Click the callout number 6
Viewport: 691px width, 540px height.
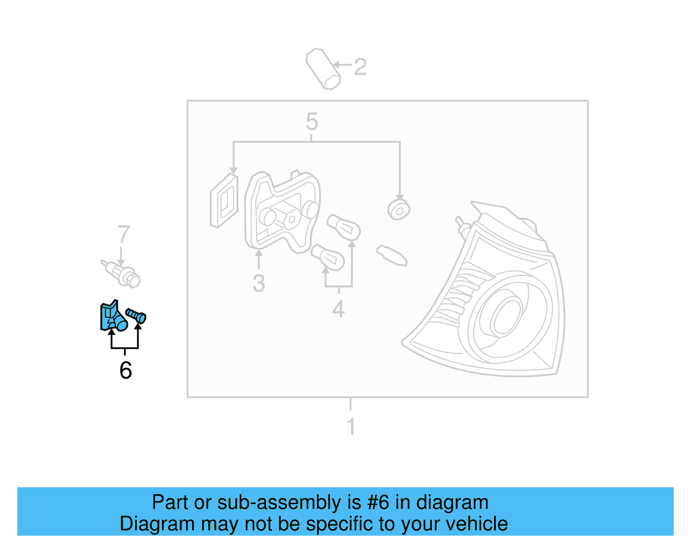pyautogui.click(x=126, y=371)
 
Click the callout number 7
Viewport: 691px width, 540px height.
pyautogui.click(x=124, y=234)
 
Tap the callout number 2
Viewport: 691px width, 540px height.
pyautogui.click(x=360, y=67)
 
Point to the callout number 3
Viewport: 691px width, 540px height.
pyautogui.click(x=259, y=284)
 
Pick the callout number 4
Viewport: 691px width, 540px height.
pyautogui.click(x=339, y=309)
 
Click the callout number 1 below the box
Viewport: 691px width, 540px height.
pyautogui.click(x=351, y=426)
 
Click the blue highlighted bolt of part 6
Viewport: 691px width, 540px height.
pyautogui.click(x=136, y=315)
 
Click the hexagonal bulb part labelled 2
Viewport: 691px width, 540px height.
pyautogui.click(x=323, y=69)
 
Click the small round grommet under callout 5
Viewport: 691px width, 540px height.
pyautogui.click(x=399, y=210)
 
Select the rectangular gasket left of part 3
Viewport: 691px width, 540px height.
pyautogui.click(x=224, y=201)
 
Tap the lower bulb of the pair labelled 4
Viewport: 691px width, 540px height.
pyautogui.click(x=328, y=257)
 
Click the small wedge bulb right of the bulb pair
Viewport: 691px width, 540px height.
pyautogui.click(x=392, y=256)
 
